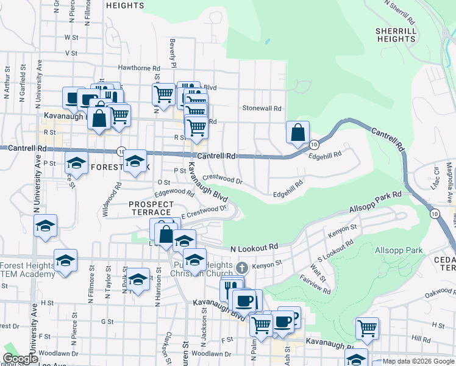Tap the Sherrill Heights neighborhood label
tap(396, 35)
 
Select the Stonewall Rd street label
tap(262, 109)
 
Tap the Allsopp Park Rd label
tap(375, 203)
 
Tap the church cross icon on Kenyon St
tap(242, 267)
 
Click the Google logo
tap(20, 359)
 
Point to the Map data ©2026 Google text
tap(418, 361)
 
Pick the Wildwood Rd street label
tap(113, 204)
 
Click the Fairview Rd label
tap(315, 284)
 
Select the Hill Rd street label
tap(421, 337)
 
